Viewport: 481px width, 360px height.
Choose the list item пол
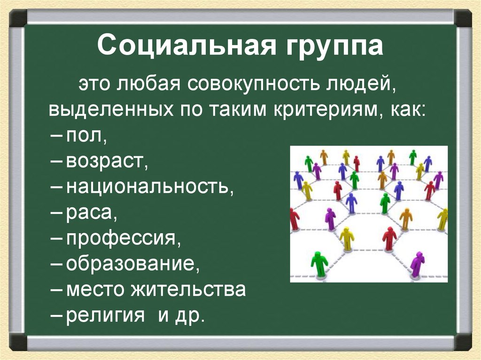point(86,138)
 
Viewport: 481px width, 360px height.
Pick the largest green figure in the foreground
point(320,264)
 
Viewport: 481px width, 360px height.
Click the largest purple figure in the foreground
point(417,264)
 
